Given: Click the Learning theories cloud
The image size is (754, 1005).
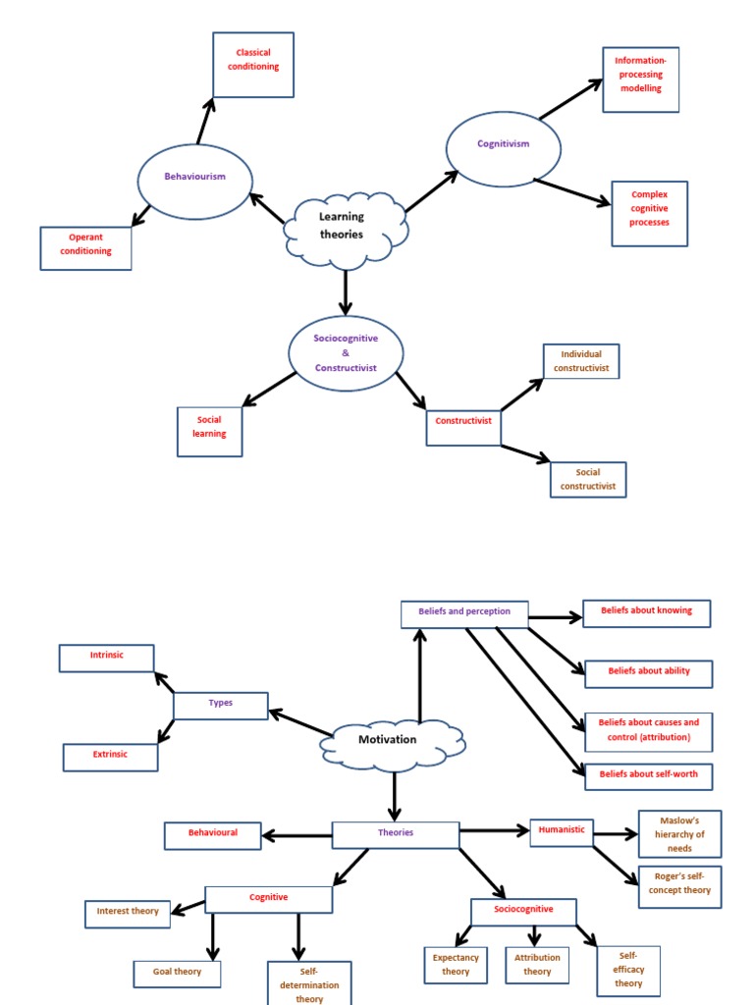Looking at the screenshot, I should point(345,228).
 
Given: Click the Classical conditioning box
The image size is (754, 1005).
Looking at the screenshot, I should point(253,65).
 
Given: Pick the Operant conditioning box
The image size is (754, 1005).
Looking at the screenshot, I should point(85,248).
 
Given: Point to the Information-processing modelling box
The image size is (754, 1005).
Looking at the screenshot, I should point(640,79).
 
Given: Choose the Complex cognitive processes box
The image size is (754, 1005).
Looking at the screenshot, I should point(649,213).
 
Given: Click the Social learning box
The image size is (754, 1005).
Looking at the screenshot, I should point(209,432).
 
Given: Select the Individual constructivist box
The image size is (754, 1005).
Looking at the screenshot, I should point(581,361).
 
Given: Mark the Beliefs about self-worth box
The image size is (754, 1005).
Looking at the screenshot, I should point(649,776).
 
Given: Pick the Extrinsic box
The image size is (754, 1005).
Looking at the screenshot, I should point(110,757).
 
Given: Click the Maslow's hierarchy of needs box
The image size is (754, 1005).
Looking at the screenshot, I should point(679,833).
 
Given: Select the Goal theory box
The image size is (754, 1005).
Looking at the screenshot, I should point(177,974).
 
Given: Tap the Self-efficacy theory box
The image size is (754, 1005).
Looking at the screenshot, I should point(628,970).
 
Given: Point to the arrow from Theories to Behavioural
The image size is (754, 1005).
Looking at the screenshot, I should point(297,835).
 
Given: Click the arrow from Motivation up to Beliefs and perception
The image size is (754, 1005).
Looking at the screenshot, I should point(420,677).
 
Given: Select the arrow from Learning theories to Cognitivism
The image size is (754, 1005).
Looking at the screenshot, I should point(431,191).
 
